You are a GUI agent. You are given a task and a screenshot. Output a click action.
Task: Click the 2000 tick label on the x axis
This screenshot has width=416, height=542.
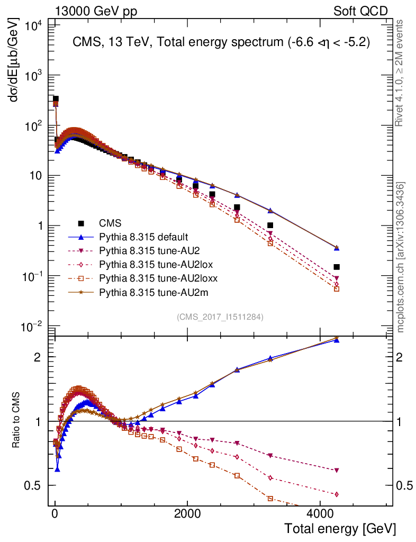pyautogui.click(x=188, y=513)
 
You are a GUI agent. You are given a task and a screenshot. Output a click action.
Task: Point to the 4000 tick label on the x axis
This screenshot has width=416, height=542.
pyautogui.click(x=320, y=513)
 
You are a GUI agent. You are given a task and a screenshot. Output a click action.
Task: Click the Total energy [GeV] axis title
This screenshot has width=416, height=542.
pyautogui.click(x=340, y=529)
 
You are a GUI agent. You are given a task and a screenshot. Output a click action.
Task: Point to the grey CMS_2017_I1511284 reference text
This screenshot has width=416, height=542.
pyautogui.click(x=220, y=317)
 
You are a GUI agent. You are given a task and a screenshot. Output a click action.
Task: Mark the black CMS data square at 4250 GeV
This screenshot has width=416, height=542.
pyautogui.click(x=337, y=267)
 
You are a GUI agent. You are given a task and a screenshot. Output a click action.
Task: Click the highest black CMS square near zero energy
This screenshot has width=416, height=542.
pyautogui.click(x=56, y=99)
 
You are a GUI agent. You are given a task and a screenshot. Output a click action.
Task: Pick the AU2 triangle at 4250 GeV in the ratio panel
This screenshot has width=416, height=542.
pyautogui.click(x=337, y=471)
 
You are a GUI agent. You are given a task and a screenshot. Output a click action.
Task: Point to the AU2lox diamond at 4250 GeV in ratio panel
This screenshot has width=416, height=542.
pyautogui.click(x=337, y=494)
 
